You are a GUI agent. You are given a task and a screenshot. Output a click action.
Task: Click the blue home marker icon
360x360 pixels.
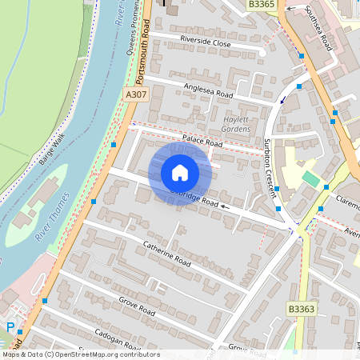tap(180, 173)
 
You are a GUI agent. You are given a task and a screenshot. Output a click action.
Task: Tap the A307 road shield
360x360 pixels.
tap(136, 94)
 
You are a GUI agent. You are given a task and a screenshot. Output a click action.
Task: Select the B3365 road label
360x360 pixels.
tap(262, 5)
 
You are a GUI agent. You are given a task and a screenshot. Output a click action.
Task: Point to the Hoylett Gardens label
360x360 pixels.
tap(235, 124)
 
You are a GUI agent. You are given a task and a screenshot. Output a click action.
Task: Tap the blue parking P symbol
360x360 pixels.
tap(10, 326)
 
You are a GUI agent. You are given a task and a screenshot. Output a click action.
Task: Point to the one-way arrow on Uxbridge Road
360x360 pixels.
tap(226, 206)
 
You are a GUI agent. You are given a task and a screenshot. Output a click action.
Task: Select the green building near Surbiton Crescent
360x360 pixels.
tap(309, 178)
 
